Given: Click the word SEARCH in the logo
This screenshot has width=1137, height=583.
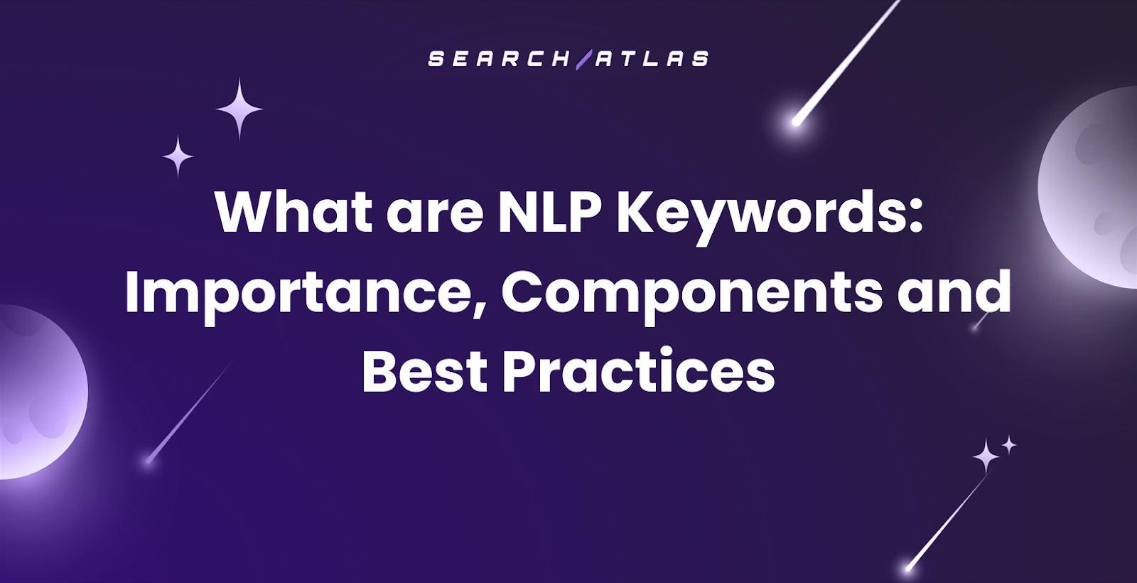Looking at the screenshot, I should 498,59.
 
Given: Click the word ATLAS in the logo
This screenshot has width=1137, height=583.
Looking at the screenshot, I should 652,59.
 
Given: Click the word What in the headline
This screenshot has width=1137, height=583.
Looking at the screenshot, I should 293,212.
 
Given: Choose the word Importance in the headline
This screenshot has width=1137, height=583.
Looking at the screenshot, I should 296,293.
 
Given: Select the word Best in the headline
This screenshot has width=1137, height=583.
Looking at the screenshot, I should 424,372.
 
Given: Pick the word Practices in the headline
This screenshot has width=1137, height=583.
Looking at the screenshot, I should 639,372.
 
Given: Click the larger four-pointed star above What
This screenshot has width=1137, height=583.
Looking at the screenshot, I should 239,109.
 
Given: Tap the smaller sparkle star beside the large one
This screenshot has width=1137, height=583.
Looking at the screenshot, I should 178,156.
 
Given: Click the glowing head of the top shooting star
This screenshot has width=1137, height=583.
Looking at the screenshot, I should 797,122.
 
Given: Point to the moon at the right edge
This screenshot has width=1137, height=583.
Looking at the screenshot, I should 1094,188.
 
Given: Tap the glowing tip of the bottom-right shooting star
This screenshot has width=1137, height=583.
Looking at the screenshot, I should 908,567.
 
